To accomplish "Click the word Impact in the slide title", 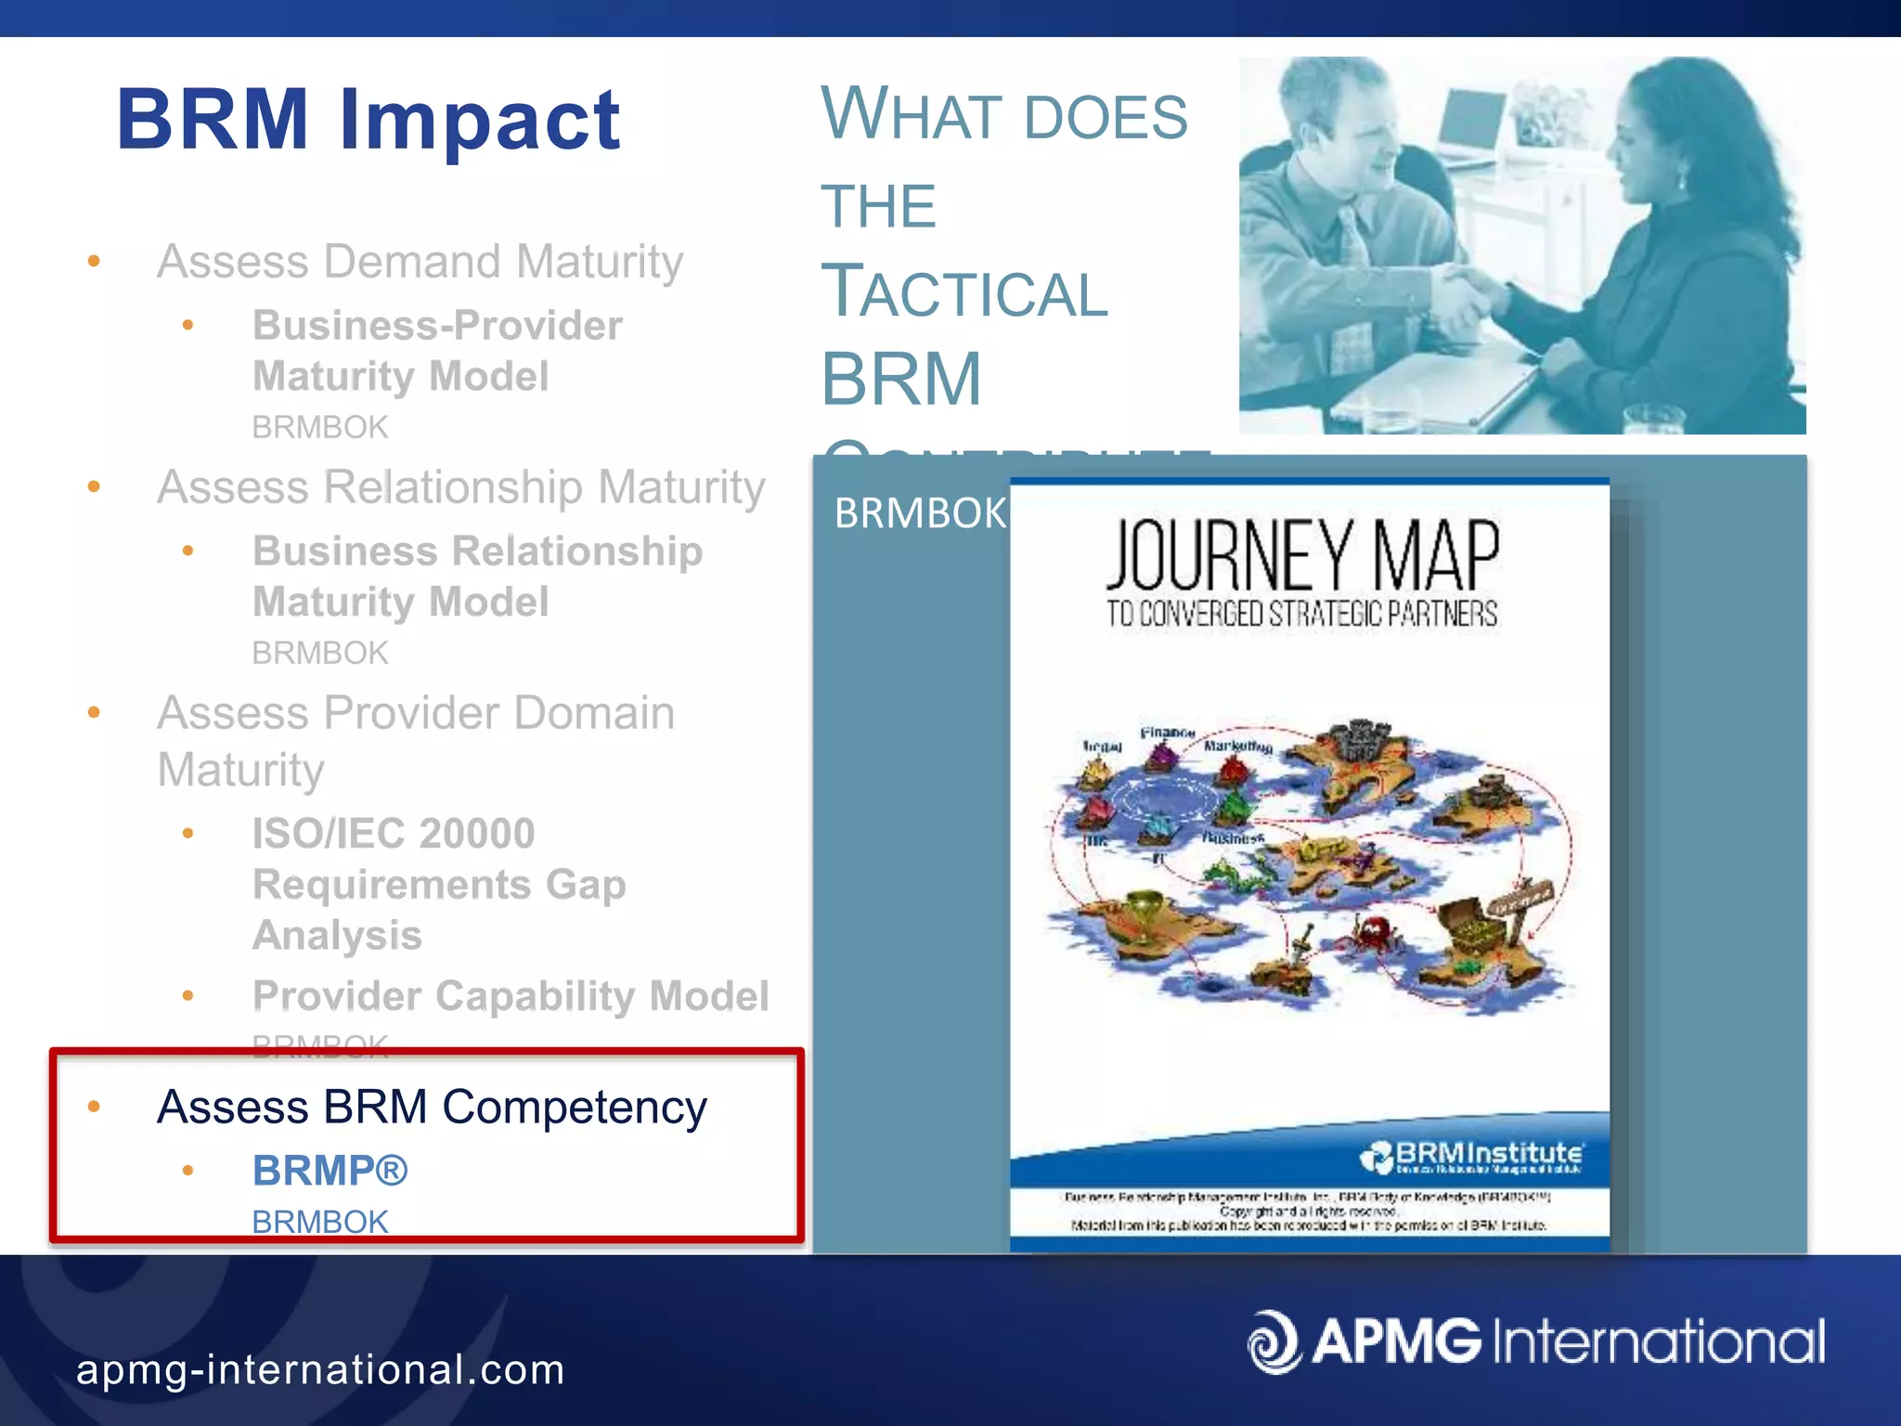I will (x=480, y=121).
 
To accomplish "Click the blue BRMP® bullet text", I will (x=330, y=1171).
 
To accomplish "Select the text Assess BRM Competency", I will (x=432, y=1107).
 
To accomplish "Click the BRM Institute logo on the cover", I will (x=1471, y=1157).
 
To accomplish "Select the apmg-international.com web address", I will (x=320, y=1370).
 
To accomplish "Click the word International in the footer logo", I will (x=1659, y=1342).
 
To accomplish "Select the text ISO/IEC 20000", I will (x=394, y=833).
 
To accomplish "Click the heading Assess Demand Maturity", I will (x=420, y=261).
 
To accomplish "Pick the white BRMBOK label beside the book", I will (x=919, y=513).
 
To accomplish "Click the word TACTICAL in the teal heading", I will (x=963, y=292).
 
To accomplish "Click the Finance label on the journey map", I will (x=1167, y=732).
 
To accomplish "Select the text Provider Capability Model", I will (x=511, y=995).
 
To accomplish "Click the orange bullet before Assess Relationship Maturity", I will (x=94, y=486).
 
